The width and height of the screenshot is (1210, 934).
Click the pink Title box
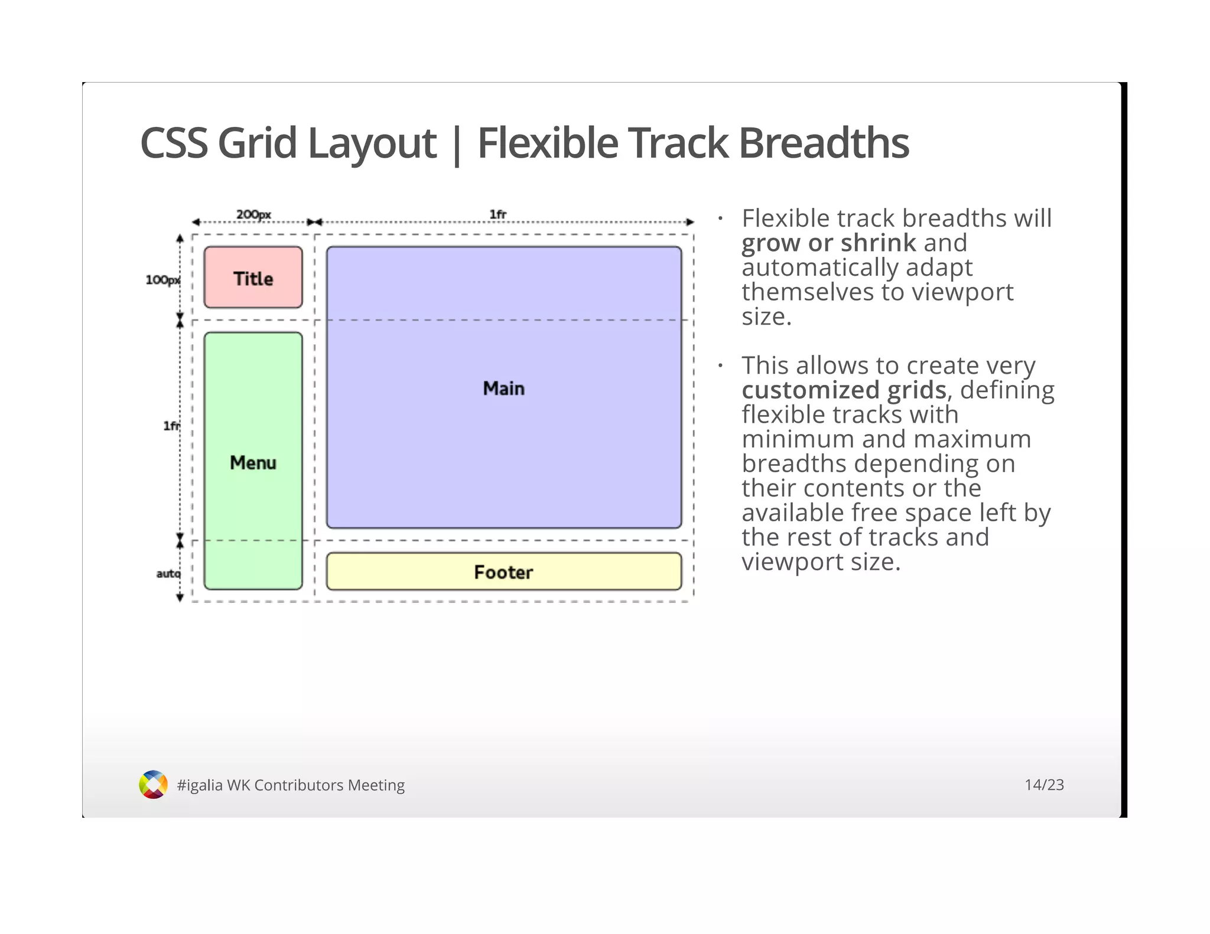[x=253, y=277]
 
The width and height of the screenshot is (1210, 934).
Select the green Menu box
[x=253, y=461]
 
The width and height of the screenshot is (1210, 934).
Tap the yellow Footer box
[x=503, y=571]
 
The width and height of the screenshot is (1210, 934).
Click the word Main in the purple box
[x=503, y=388]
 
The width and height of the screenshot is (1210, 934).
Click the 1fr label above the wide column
[x=497, y=214]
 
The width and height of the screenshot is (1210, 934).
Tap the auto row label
[x=168, y=573]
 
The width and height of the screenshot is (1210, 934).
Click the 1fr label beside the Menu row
[x=171, y=426]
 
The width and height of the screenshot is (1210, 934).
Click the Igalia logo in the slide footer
[x=153, y=785]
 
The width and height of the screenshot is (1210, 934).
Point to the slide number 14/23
[x=1044, y=785]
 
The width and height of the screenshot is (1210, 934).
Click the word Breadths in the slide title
[x=824, y=143]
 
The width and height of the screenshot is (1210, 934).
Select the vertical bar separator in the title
[x=456, y=145]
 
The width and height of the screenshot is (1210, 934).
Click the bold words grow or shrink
[x=828, y=243]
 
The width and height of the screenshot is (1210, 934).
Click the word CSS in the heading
[x=174, y=143]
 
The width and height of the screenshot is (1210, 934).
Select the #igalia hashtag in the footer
[x=200, y=785]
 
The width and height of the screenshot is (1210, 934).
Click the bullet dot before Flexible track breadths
[x=720, y=219]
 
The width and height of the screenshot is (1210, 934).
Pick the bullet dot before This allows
[x=720, y=366]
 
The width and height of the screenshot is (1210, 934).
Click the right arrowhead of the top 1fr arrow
[x=690, y=223]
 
